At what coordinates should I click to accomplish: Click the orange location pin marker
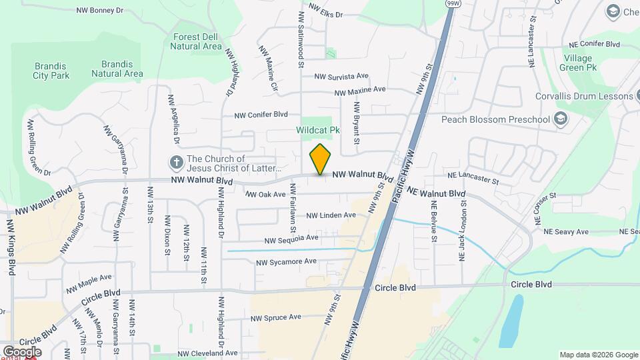click(321, 159)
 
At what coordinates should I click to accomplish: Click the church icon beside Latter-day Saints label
click(177, 161)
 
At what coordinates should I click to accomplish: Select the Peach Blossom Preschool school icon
click(561, 119)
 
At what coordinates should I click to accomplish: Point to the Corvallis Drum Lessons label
click(584, 96)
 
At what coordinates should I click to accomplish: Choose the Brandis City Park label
click(51, 70)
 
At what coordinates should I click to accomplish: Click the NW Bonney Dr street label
click(100, 11)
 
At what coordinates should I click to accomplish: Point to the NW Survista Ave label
click(341, 76)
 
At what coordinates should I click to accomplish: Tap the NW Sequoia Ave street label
click(291, 238)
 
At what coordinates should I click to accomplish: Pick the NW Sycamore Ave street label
click(286, 261)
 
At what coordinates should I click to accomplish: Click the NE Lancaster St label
click(473, 180)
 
